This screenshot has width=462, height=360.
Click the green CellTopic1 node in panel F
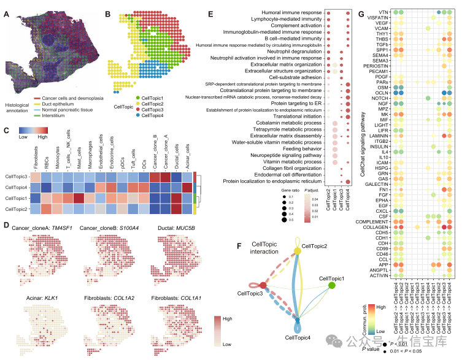(332, 286)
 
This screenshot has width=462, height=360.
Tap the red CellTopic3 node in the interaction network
(263, 285)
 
